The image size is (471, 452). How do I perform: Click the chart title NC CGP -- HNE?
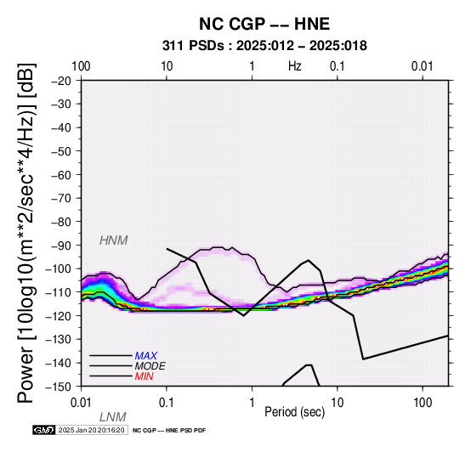click(264, 24)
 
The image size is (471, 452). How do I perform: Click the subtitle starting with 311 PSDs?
click(264, 46)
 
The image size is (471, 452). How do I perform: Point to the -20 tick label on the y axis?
click(61, 81)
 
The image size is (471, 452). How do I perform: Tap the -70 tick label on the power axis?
click(61, 198)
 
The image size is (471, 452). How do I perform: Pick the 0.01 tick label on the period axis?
click(81, 403)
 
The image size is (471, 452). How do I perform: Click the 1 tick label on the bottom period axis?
click(252, 403)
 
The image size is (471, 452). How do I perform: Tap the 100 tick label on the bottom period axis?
click(423, 403)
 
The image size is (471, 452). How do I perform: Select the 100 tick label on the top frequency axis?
click(81, 66)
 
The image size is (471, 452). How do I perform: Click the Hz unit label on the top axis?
click(295, 66)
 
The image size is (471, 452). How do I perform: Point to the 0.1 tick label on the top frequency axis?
click(338, 66)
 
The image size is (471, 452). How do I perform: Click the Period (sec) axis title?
click(295, 412)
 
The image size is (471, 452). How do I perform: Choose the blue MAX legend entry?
click(145, 356)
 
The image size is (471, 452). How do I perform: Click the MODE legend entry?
click(150, 366)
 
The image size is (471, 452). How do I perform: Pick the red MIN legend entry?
click(144, 376)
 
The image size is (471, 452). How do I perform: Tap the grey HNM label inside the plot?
click(114, 240)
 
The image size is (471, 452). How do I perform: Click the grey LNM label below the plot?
click(112, 417)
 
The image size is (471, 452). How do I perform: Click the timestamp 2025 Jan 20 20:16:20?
click(91, 430)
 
